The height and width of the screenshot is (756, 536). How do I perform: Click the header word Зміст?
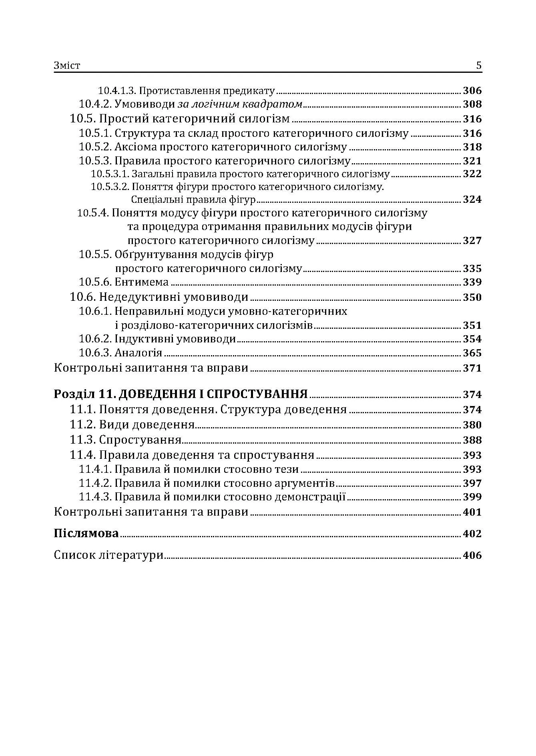(x=67, y=66)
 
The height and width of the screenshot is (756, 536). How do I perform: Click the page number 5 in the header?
(x=479, y=66)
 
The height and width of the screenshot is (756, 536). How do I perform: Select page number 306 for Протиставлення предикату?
(x=472, y=90)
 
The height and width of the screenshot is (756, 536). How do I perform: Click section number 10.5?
(x=82, y=119)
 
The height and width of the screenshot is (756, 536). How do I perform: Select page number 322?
(x=472, y=174)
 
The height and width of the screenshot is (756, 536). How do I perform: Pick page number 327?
(x=472, y=240)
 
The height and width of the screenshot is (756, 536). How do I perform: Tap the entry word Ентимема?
(x=141, y=282)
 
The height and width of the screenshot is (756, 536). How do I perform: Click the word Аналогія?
(x=138, y=353)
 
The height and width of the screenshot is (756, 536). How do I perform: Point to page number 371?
(x=472, y=368)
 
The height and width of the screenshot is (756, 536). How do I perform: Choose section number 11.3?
(x=82, y=440)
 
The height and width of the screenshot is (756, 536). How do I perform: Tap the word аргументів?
(x=305, y=483)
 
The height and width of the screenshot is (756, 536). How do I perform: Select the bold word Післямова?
(x=86, y=533)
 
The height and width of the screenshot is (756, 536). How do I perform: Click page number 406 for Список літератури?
(x=472, y=555)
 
